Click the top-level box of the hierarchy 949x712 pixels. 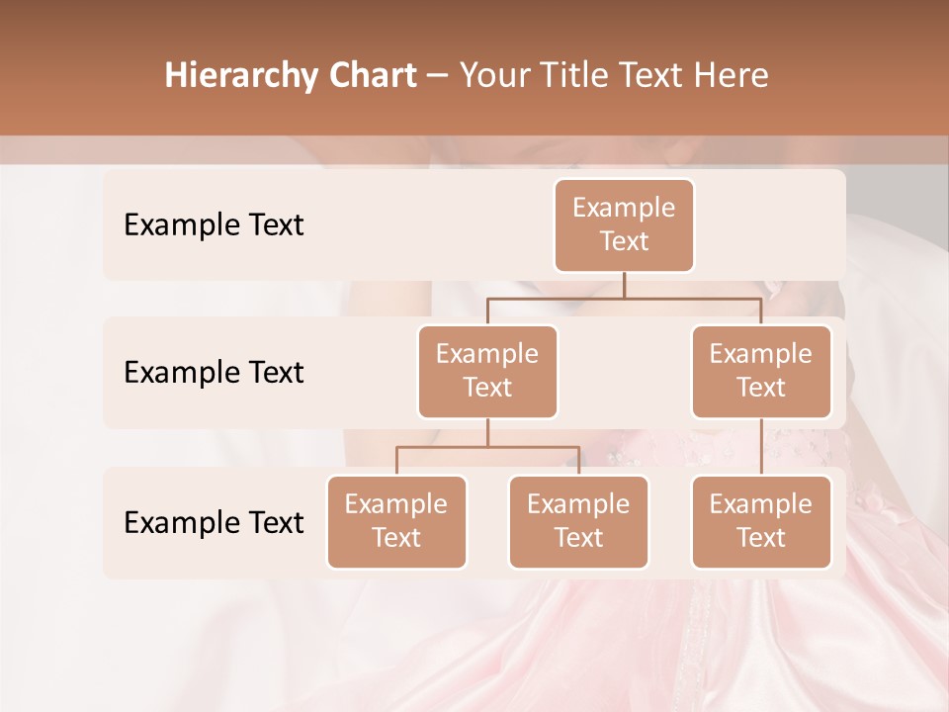(x=624, y=225)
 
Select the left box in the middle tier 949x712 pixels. (x=487, y=372)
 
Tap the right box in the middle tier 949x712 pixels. (x=761, y=372)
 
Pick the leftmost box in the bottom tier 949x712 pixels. (x=396, y=522)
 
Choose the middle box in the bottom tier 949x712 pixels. (x=578, y=522)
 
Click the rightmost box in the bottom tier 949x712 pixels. (x=761, y=522)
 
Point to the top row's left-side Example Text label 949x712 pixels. (x=214, y=225)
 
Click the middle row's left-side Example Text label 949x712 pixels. (x=214, y=373)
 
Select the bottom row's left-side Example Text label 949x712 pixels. (x=214, y=523)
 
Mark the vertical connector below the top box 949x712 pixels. (x=624, y=285)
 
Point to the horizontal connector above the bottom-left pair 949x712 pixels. (x=487, y=447)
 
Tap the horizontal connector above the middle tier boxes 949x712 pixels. (x=624, y=298)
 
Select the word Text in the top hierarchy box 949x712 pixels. (x=624, y=241)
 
